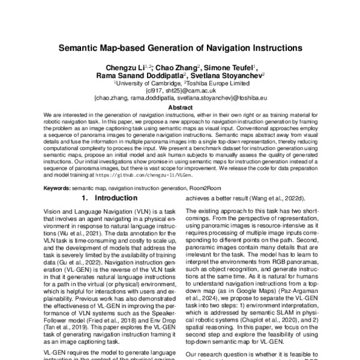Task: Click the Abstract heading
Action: coord(179,108)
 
